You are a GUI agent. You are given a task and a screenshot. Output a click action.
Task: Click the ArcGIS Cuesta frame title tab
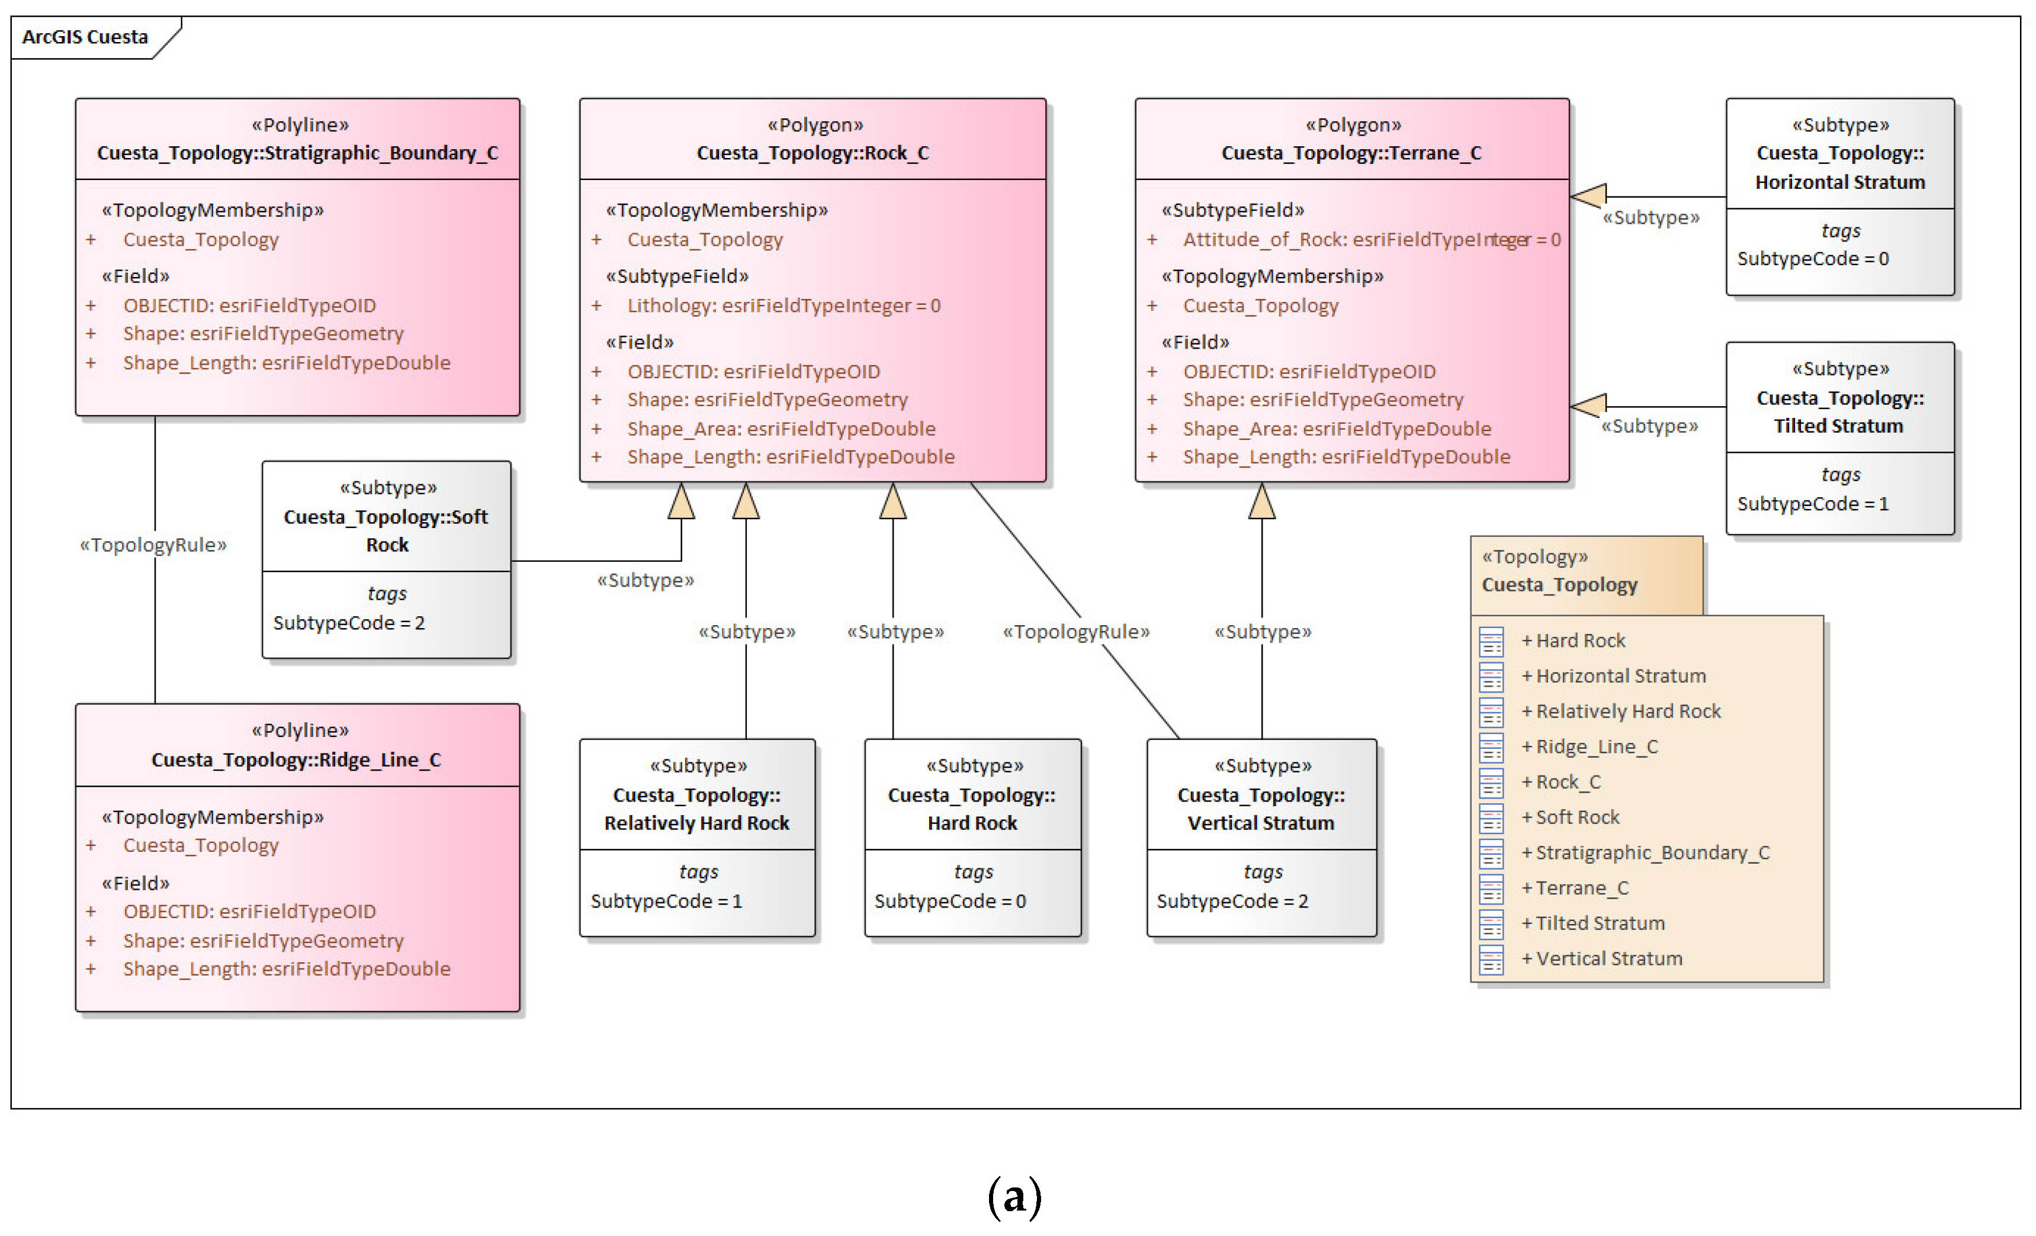click(85, 37)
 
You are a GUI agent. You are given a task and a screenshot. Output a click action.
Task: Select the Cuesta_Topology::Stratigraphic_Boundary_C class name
click(297, 153)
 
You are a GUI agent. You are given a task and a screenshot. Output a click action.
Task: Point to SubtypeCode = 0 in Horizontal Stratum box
click(1812, 259)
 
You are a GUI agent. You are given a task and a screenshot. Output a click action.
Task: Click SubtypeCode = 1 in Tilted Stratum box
click(1812, 503)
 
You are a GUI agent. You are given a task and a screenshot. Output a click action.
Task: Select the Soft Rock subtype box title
click(386, 530)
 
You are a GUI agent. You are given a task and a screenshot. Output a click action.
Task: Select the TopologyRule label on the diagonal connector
click(1076, 632)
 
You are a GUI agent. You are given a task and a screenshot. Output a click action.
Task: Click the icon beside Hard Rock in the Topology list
click(1491, 641)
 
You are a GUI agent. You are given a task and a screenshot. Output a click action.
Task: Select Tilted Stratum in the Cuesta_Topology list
click(1599, 923)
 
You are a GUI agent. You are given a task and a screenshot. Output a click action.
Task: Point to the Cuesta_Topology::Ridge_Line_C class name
click(296, 759)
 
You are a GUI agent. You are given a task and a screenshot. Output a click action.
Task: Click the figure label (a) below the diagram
click(1014, 1196)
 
